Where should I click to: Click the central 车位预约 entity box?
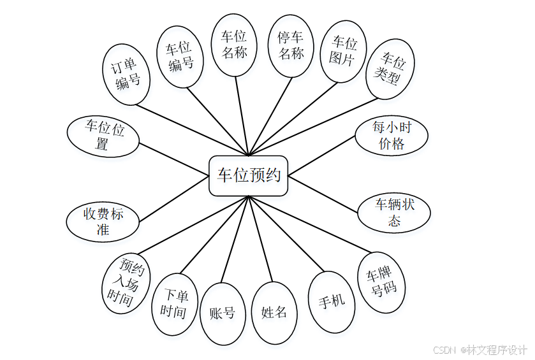pos(249,175)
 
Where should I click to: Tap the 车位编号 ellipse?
pos(180,56)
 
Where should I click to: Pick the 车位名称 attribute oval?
pos(233,44)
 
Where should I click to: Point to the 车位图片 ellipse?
pos(344,51)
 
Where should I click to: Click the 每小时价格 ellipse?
pos(391,135)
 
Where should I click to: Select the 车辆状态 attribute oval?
pos(394,213)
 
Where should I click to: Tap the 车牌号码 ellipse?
pos(381,282)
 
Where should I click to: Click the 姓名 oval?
pos(274,312)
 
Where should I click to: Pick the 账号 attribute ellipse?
pos(222,312)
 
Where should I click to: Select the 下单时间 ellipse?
pos(173,304)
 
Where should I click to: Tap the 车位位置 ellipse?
pos(104,136)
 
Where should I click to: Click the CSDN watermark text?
pos(480,350)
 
